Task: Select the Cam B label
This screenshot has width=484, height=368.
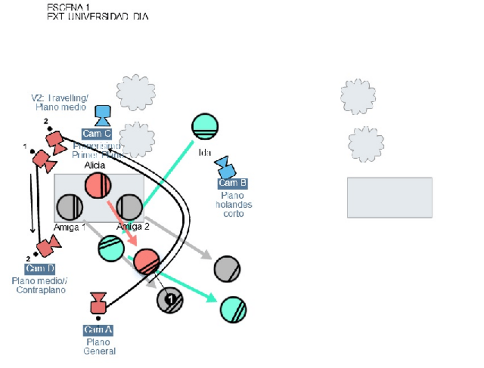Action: point(232,183)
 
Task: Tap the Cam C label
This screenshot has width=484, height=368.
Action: point(96,134)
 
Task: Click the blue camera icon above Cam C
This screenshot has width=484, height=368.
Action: point(103,116)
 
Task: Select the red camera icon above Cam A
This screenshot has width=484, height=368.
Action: point(99,304)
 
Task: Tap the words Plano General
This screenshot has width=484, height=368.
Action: point(99,346)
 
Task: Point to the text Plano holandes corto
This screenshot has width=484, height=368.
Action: point(233,204)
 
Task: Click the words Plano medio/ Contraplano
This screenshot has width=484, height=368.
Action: point(39,285)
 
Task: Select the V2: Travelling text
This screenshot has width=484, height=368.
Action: point(60,98)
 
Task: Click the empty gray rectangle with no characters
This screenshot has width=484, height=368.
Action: point(389,197)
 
